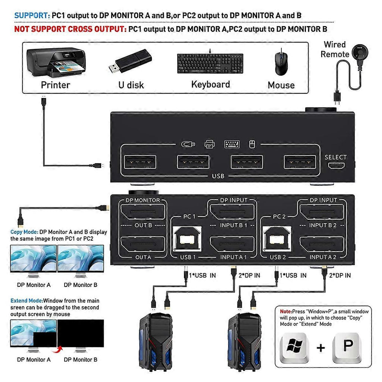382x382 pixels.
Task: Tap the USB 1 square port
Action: click(188, 238)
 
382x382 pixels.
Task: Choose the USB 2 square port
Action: click(278, 238)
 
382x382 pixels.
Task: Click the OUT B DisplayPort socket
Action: click(143, 212)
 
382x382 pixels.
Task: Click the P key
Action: click(347, 347)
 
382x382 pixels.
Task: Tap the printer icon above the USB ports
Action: click(209, 144)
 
